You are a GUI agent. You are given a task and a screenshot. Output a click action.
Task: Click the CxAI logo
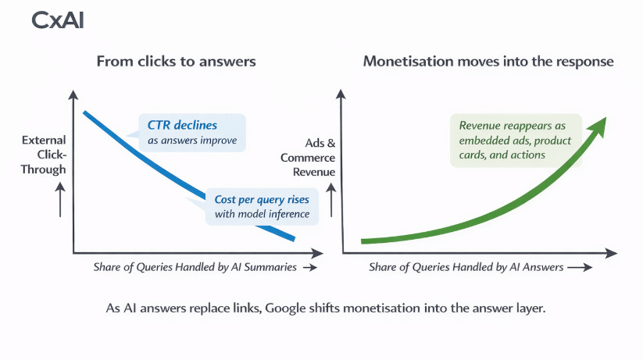click(x=58, y=21)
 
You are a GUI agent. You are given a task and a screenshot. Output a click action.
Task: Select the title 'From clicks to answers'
click(x=176, y=61)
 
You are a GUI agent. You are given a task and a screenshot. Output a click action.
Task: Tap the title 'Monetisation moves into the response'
click(x=488, y=61)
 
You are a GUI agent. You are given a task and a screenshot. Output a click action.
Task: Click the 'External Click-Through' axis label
click(x=44, y=155)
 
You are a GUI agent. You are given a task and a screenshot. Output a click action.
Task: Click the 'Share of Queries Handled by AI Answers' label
click(x=466, y=267)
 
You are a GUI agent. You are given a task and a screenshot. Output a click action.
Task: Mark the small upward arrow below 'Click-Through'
click(x=59, y=201)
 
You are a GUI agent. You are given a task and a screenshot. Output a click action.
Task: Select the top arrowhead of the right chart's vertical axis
click(x=341, y=95)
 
